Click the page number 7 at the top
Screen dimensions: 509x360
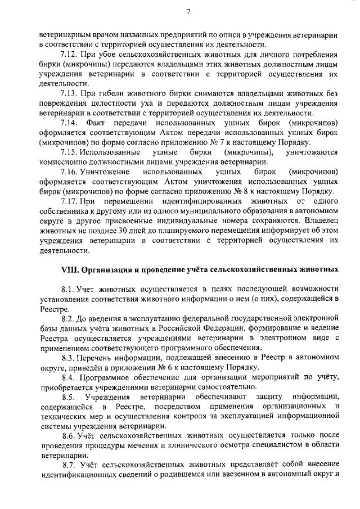click(x=189, y=11)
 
